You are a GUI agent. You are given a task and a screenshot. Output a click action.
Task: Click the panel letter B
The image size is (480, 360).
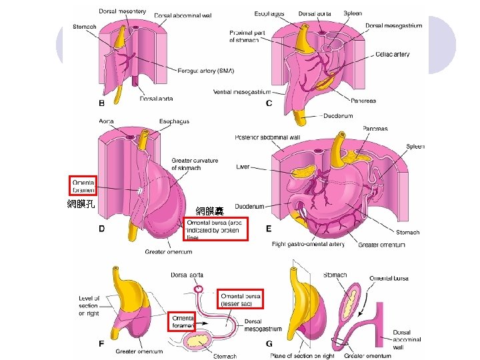(101, 103)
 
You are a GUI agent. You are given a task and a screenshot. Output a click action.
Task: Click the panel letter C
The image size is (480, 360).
(269, 103)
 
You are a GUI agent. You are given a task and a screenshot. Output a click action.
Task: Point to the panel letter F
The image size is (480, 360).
(101, 344)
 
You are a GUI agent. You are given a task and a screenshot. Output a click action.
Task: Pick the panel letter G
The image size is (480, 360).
(269, 344)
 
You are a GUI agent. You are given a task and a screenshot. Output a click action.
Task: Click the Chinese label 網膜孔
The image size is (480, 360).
(81, 204)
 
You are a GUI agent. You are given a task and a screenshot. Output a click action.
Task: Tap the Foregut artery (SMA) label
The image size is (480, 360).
(206, 71)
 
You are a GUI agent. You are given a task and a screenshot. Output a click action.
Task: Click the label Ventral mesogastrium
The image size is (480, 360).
(241, 92)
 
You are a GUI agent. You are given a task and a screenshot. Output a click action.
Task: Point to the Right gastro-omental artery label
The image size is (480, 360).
(308, 245)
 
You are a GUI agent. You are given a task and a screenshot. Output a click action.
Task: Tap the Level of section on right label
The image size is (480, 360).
(89, 306)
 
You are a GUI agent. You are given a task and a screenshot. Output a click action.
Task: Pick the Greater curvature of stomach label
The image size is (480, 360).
(194, 164)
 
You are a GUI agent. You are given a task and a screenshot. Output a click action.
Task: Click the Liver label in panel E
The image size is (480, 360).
(243, 167)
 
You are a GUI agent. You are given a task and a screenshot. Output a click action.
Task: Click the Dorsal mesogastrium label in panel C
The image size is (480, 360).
(393, 26)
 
